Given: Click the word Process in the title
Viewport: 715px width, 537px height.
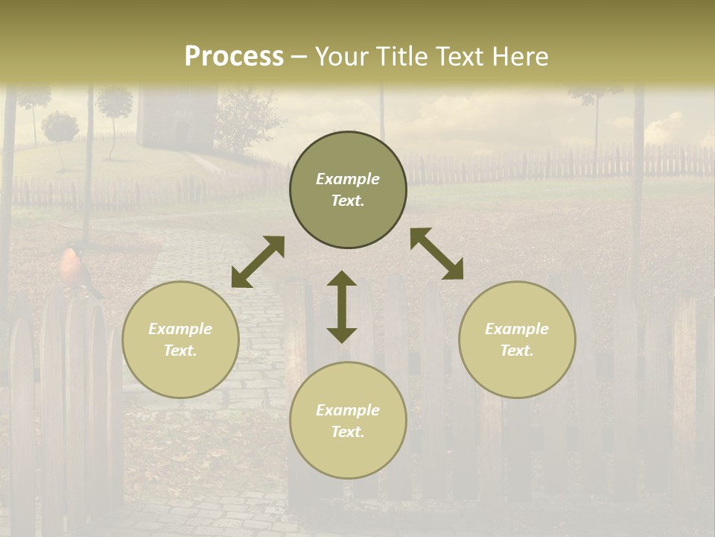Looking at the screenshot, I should [x=234, y=57].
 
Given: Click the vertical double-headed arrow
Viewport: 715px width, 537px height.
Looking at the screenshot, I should [x=342, y=307].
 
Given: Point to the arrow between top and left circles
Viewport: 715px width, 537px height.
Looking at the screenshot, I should [x=258, y=262].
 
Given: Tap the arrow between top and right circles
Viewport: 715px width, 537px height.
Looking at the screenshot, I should [x=436, y=254].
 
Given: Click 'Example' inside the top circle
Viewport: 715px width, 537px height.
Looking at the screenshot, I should [x=348, y=179].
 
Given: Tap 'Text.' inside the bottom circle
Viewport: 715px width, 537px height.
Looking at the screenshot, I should [x=348, y=432].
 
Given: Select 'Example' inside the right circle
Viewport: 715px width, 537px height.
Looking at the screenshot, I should [x=517, y=329].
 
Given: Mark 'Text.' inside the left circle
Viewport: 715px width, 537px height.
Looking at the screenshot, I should [x=180, y=351].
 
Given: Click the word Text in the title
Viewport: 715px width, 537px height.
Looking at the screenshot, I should [x=457, y=57].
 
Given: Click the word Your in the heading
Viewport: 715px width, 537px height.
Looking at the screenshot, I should [x=343, y=57].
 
